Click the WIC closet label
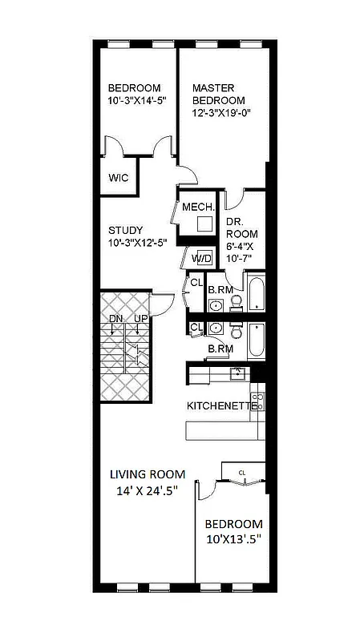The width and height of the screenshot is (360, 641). (118, 177)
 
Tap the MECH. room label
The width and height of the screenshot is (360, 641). (196, 207)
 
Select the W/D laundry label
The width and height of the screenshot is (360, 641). (202, 258)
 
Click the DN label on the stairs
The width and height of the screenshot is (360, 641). (116, 320)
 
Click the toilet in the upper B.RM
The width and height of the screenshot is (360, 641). (236, 301)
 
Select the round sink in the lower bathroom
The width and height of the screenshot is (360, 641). (216, 329)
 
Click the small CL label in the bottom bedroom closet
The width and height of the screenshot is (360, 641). (241, 473)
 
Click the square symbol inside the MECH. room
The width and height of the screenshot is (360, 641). (205, 224)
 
